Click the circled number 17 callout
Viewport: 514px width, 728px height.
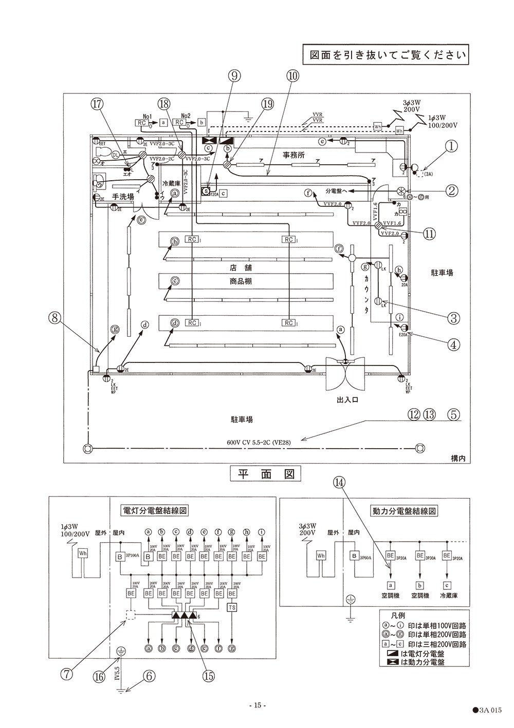pos(97,104)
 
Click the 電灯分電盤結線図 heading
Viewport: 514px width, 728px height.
pos(154,510)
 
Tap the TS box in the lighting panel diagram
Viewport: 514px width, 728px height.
pos(232,607)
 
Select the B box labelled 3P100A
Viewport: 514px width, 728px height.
pos(120,557)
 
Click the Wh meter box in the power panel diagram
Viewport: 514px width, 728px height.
pos(321,555)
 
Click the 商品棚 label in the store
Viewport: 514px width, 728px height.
pos(241,281)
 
